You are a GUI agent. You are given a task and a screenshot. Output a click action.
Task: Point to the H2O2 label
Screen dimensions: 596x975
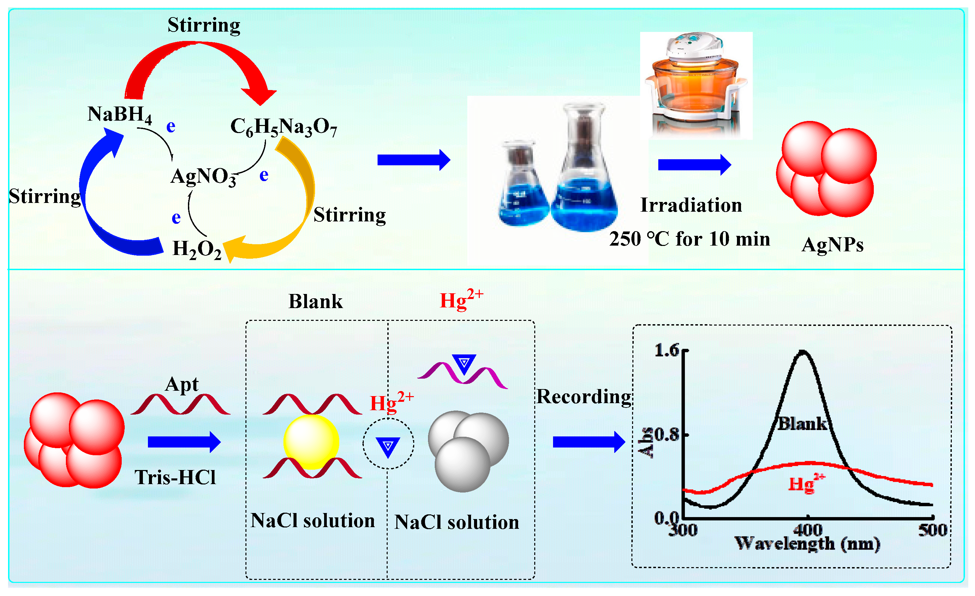coord(197,249)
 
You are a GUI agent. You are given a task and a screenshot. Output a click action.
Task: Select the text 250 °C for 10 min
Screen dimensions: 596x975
coord(689,239)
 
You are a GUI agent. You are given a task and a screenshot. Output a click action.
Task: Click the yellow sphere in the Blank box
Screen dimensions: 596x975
coord(311,442)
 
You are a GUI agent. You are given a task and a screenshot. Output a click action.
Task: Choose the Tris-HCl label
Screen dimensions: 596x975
coord(175,477)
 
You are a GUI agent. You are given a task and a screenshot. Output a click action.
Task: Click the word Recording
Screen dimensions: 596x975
coord(584,397)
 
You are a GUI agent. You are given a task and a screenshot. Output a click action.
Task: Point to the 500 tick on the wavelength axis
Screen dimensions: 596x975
coord(932,530)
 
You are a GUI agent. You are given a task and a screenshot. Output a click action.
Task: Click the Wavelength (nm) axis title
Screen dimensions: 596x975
coord(807,544)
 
